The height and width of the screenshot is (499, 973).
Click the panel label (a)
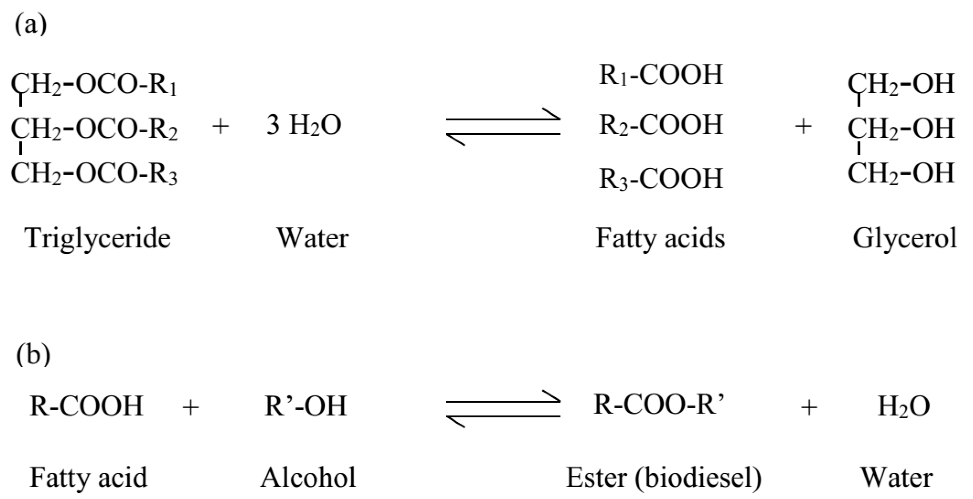[31, 25]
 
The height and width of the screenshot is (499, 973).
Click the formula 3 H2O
[304, 125]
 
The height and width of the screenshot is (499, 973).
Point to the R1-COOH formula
[661, 75]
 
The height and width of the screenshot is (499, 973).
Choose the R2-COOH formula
[661, 125]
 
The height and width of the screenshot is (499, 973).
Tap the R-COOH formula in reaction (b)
[86, 406]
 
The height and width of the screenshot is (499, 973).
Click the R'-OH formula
[305, 406]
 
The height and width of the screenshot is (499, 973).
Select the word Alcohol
[308, 477]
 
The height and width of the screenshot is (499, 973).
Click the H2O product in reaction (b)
[903, 407]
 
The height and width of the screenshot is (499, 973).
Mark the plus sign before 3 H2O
[221, 126]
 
